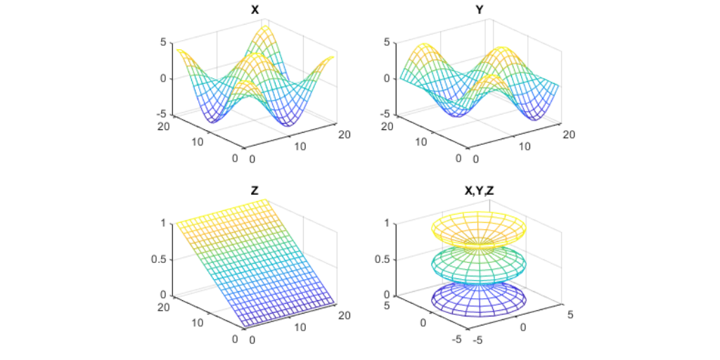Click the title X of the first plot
point(255,11)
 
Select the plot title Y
point(480,11)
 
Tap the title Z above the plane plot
point(255,191)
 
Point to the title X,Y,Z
point(480,191)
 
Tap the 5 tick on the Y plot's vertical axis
point(387,42)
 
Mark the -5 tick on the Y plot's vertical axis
point(385,114)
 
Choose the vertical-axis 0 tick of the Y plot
point(387,78)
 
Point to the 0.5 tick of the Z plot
point(159,259)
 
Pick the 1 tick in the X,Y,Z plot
point(387,224)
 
